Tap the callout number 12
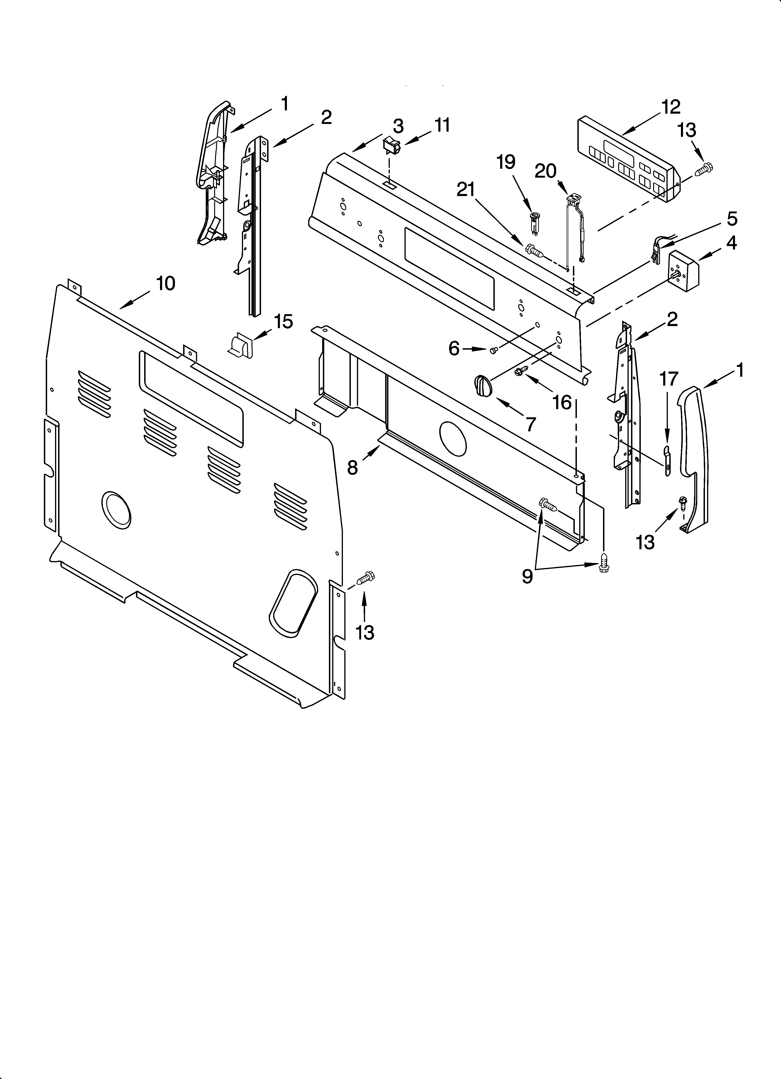671,107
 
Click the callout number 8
352,468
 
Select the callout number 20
545,171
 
